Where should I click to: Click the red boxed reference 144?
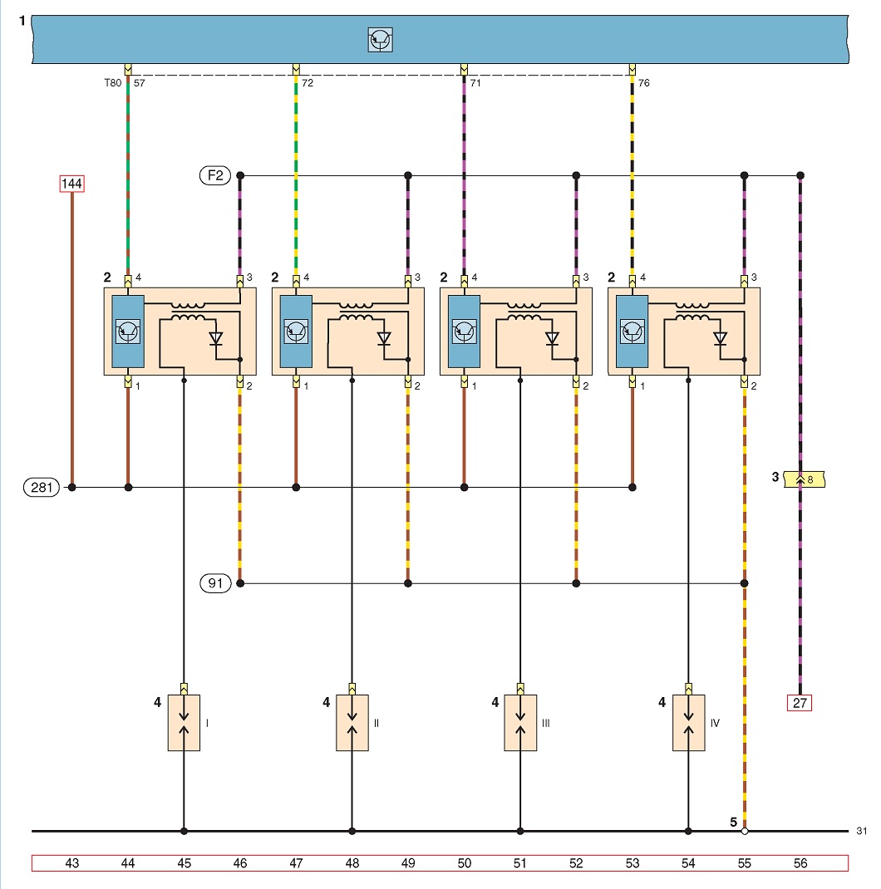tap(72, 184)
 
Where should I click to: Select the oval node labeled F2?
tap(215, 175)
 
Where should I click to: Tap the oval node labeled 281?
tap(42, 487)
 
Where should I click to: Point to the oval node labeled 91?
tap(215, 583)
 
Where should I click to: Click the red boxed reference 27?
tap(800, 703)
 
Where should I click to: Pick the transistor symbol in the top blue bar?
tap(380, 40)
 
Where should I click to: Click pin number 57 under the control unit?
tap(140, 83)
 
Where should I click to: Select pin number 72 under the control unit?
tap(308, 83)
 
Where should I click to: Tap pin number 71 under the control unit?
tap(475, 83)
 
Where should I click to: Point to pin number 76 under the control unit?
tap(644, 83)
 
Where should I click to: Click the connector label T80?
tap(113, 83)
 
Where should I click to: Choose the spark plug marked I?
tap(184, 722)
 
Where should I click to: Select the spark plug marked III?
tap(520, 722)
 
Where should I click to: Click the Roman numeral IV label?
tap(715, 723)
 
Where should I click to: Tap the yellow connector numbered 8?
tap(805, 479)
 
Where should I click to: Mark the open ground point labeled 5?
tap(745, 831)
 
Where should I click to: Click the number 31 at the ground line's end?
tap(862, 831)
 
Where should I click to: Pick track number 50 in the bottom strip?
tap(464, 863)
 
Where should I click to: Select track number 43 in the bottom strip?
tap(72, 863)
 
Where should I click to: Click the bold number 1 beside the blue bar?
tap(22, 21)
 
